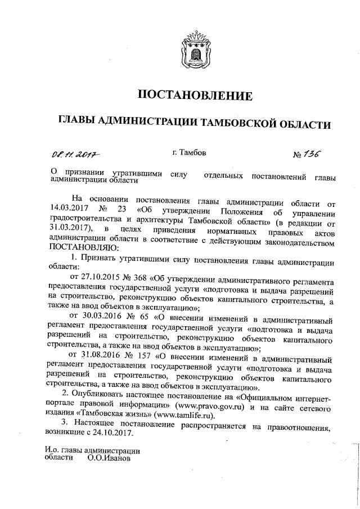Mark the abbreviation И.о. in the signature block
click(52, 450)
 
